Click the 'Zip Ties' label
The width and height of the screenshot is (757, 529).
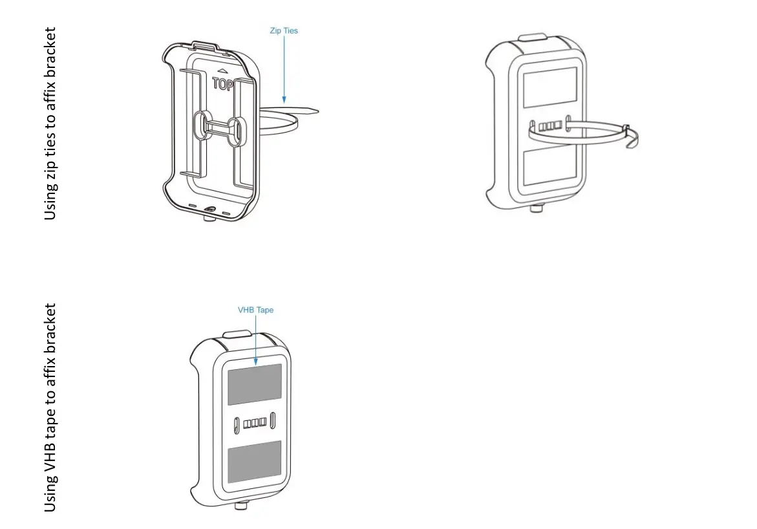284,30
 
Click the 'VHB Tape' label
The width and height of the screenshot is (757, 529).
256,310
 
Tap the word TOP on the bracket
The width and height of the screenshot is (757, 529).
223,83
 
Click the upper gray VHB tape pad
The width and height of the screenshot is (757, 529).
255,384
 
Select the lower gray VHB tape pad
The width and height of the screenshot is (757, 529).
255,460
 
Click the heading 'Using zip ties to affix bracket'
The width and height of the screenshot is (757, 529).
51,123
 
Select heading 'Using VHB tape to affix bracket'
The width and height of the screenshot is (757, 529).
51,407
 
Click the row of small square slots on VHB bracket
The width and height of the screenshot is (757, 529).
255,423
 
